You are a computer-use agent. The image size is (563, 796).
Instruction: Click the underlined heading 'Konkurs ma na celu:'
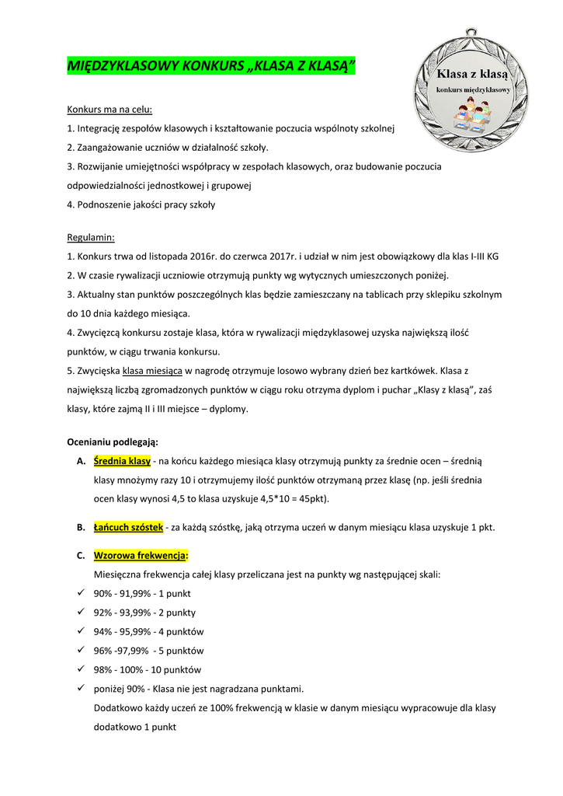click(x=109, y=110)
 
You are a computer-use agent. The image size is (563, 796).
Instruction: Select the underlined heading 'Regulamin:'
click(x=91, y=237)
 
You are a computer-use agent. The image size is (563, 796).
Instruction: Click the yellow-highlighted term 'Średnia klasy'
click(x=122, y=461)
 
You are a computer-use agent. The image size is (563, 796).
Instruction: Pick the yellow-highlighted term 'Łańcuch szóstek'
click(x=128, y=527)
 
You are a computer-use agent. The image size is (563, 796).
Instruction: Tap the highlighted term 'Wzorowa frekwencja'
click(x=140, y=556)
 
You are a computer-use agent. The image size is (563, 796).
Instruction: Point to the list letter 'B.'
click(x=81, y=527)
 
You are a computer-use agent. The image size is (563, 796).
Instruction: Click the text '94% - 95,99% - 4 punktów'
click(x=149, y=631)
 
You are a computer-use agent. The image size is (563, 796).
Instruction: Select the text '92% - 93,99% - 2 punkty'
click(x=144, y=613)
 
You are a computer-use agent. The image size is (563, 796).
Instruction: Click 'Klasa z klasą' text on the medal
click(x=471, y=75)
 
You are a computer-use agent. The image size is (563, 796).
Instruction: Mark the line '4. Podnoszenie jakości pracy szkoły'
click(x=141, y=205)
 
